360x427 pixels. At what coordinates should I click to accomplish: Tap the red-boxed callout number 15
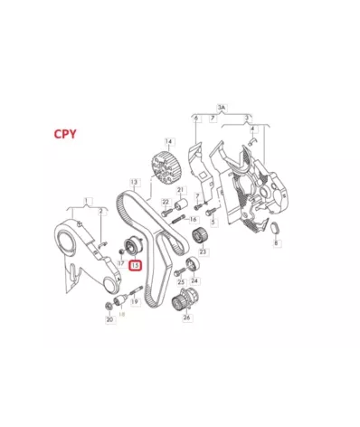135,265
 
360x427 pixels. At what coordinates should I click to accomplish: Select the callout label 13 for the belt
133,182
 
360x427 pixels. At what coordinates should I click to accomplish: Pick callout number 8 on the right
278,244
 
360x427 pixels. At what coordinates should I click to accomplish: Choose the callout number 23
204,251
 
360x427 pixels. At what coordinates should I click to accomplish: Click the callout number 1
87,199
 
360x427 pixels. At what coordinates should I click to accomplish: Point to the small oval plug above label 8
277,232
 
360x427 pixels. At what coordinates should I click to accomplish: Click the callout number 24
198,281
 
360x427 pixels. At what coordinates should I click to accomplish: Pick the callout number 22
166,202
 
